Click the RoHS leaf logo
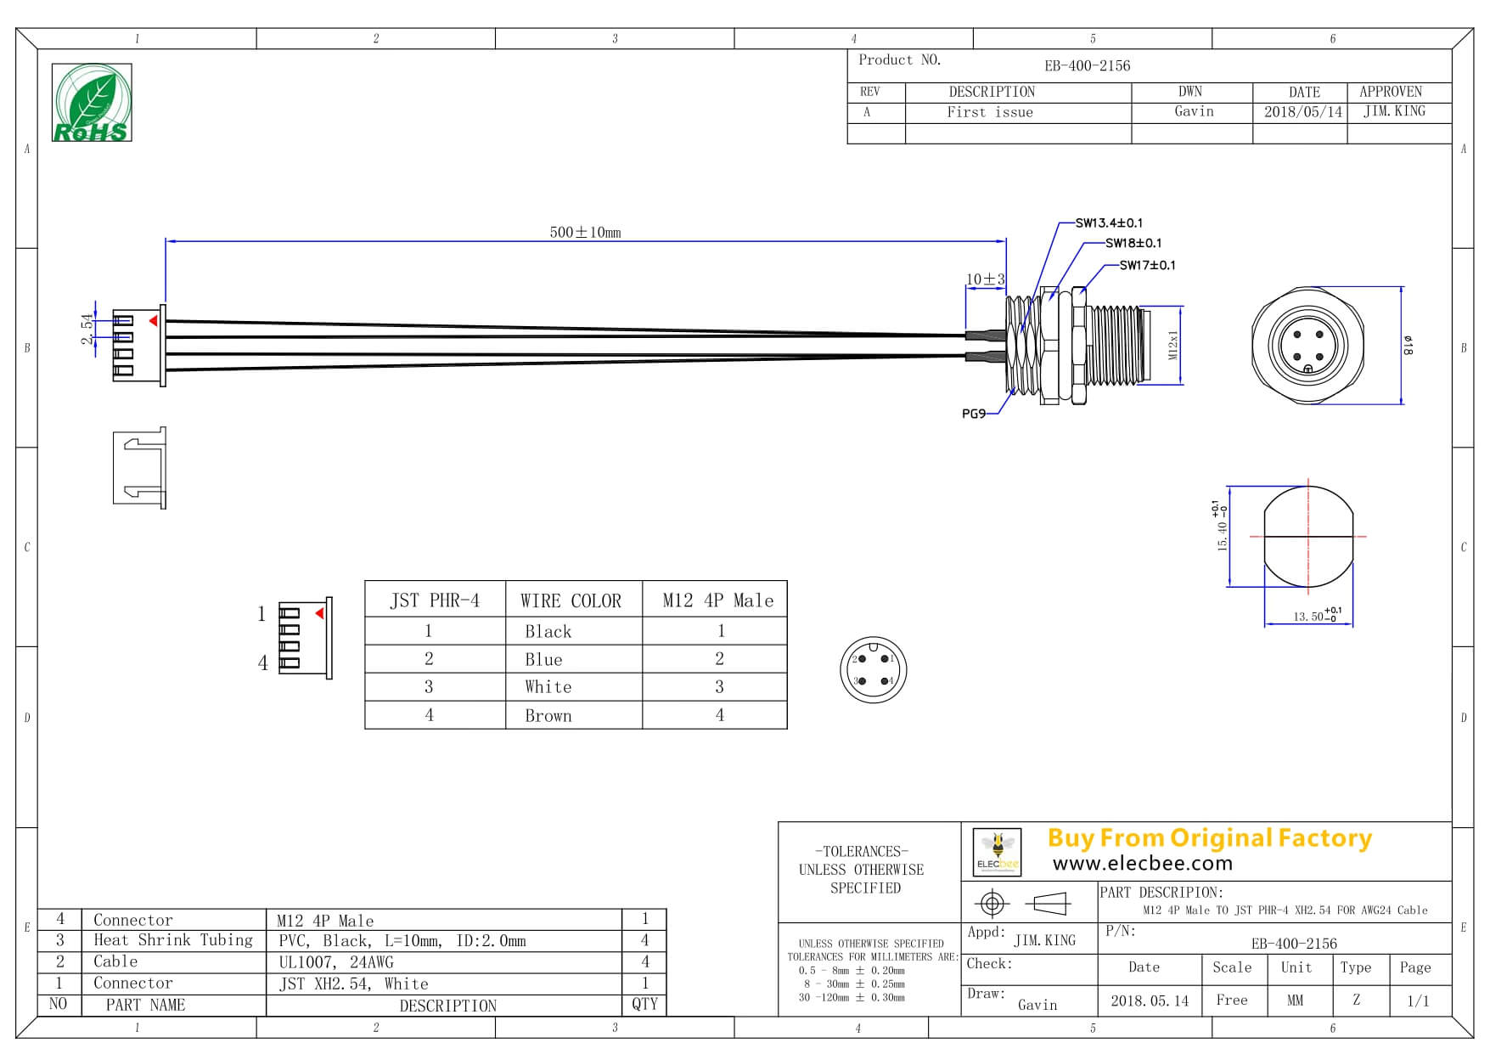click(92, 102)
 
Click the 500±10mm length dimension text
click(585, 232)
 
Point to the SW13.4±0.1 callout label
click(1108, 223)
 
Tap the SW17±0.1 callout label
click(1147, 265)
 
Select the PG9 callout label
click(973, 414)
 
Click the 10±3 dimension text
click(985, 279)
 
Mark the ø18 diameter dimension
click(1408, 346)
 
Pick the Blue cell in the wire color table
click(543, 659)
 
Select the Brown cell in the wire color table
click(548, 715)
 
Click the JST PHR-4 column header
click(435, 600)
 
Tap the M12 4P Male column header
click(717, 600)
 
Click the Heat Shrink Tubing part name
click(172, 940)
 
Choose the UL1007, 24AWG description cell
click(335, 962)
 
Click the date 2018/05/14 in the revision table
click(1302, 112)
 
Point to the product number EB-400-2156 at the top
click(1087, 65)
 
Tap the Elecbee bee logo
click(998, 852)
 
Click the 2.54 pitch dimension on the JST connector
click(87, 329)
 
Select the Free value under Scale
click(1231, 1000)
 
